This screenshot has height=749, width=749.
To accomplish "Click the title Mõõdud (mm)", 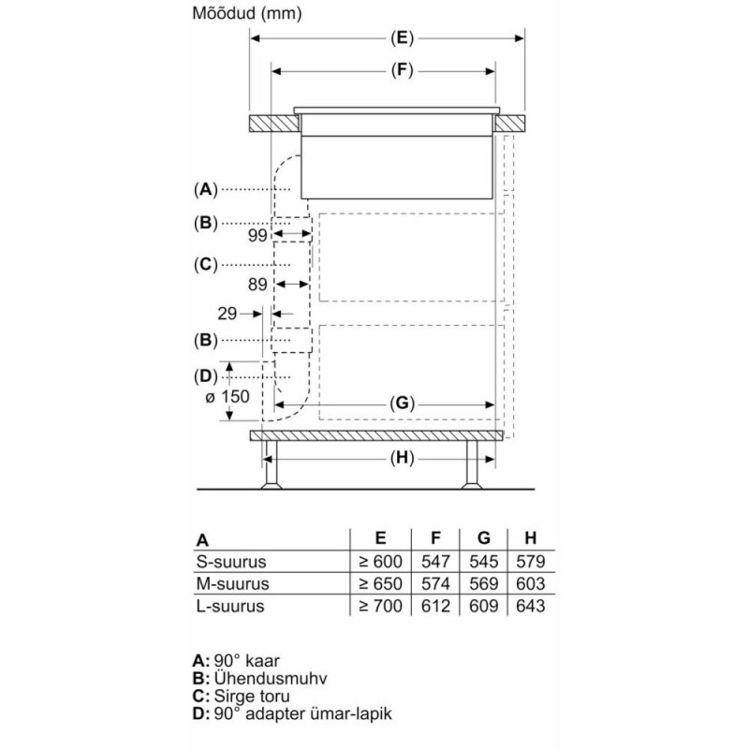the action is click(247, 13).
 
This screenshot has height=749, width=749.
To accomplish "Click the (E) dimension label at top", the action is click(402, 37).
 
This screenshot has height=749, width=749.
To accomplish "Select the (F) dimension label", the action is click(402, 71).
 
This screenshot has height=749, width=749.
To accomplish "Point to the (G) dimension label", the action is click(402, 404).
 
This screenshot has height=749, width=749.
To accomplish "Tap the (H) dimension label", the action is click(402, 459).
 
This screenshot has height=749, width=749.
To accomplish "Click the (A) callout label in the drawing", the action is click(205, 190).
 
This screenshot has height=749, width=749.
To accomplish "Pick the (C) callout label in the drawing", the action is click(205, 265).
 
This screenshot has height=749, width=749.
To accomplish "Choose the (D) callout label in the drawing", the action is click(205, 377).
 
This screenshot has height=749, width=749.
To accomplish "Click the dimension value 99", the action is click(257, 235).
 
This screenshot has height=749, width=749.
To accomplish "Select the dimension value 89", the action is click(257, 285).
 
